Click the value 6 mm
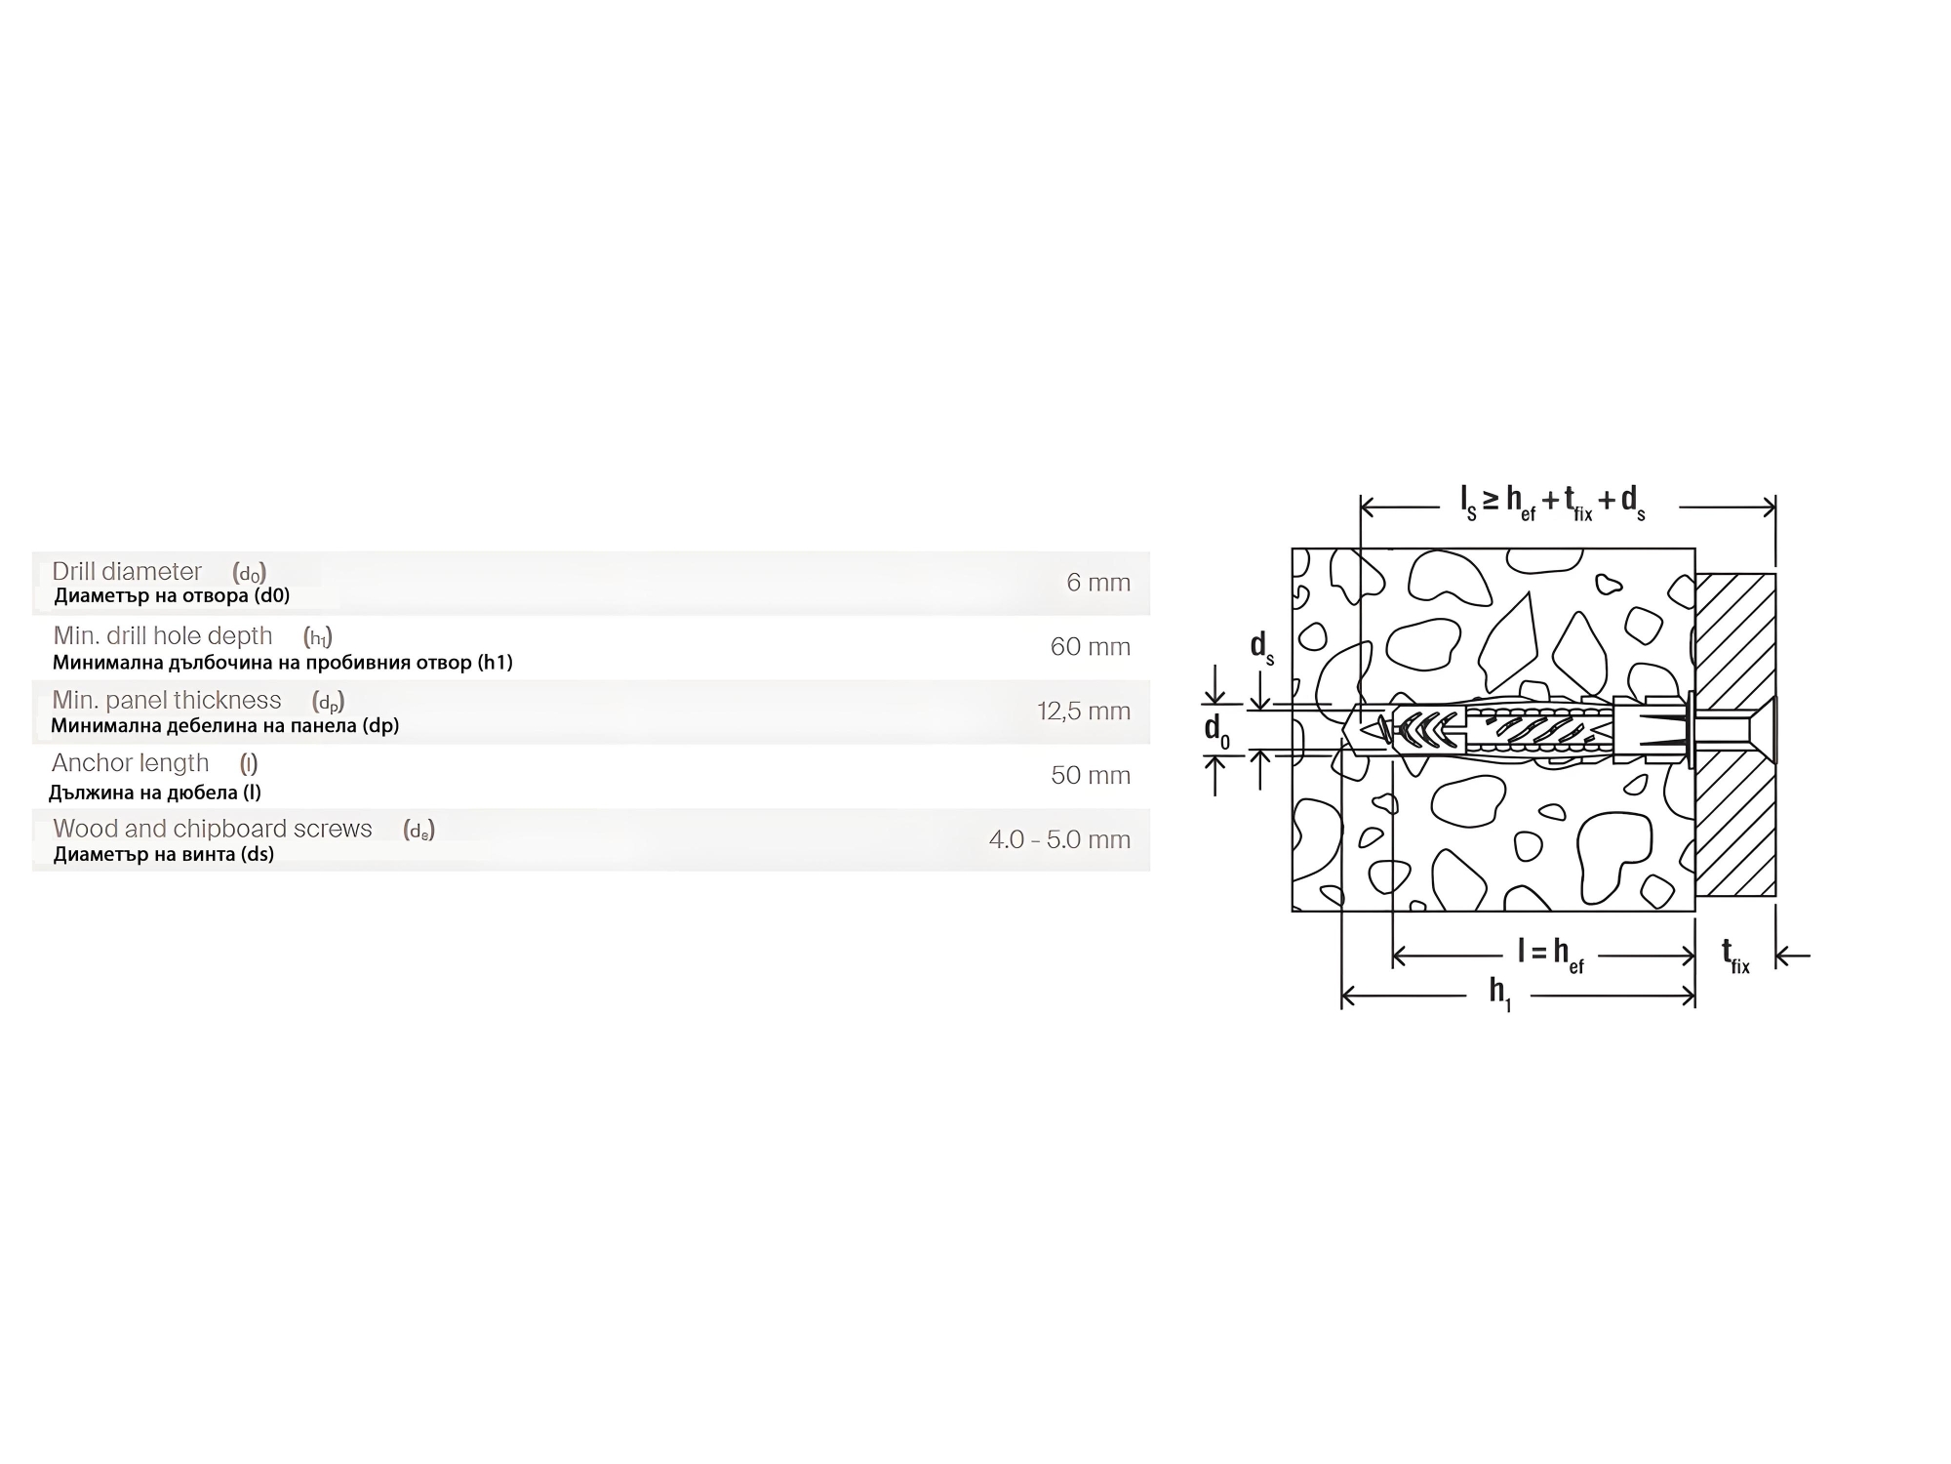coord(1098,583)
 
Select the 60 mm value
coord(1090,647)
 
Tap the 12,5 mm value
coord(1084,712)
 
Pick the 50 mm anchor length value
coord(1091,776)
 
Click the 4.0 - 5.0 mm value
coord(1059,839)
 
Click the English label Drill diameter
coord(127,571)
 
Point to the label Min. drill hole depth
coord(163,635)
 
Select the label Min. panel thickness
coord(167,700)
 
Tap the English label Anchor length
coord(131,763)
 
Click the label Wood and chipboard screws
coord(213,829)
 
